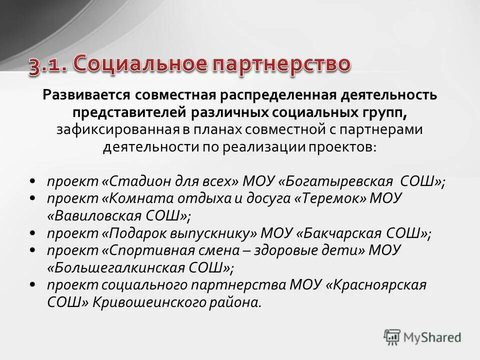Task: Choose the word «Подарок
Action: point(135,233)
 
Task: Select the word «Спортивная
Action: point(146,251)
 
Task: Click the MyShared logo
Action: point(422,336)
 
